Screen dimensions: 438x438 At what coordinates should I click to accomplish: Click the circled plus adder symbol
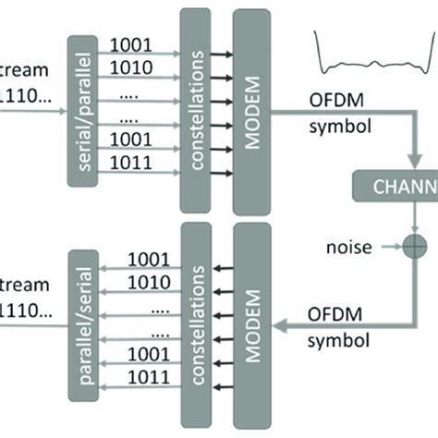(x=408, y=249)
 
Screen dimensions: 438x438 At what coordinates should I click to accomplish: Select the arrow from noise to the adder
(x=386, y=249)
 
